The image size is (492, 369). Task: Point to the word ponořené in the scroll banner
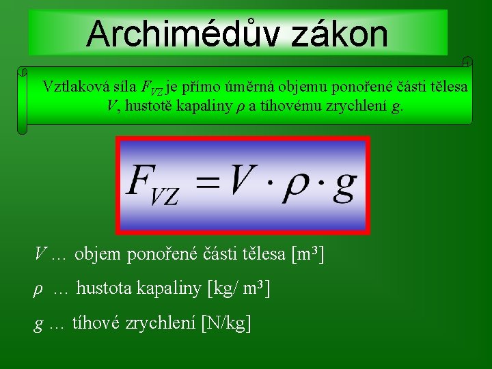pos(368,87)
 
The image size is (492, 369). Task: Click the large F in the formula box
pos(141,181)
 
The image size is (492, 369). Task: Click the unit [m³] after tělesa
pos(307,255)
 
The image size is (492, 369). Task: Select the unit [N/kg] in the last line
pos(226,323)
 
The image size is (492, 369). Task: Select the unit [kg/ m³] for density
pos(238,289)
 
